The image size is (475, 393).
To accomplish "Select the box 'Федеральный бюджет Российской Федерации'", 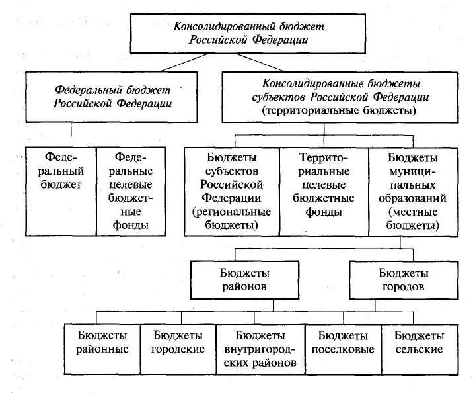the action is coord(112,96).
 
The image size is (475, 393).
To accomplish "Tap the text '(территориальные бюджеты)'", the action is coord(339,110).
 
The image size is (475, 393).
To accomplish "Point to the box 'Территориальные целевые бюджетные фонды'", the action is coord(323,185).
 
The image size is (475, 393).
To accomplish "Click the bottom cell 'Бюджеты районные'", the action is coord(102,342).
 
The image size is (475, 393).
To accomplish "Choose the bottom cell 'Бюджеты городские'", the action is coord(178,342).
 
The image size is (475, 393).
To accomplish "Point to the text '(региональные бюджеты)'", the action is coord(232,219).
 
